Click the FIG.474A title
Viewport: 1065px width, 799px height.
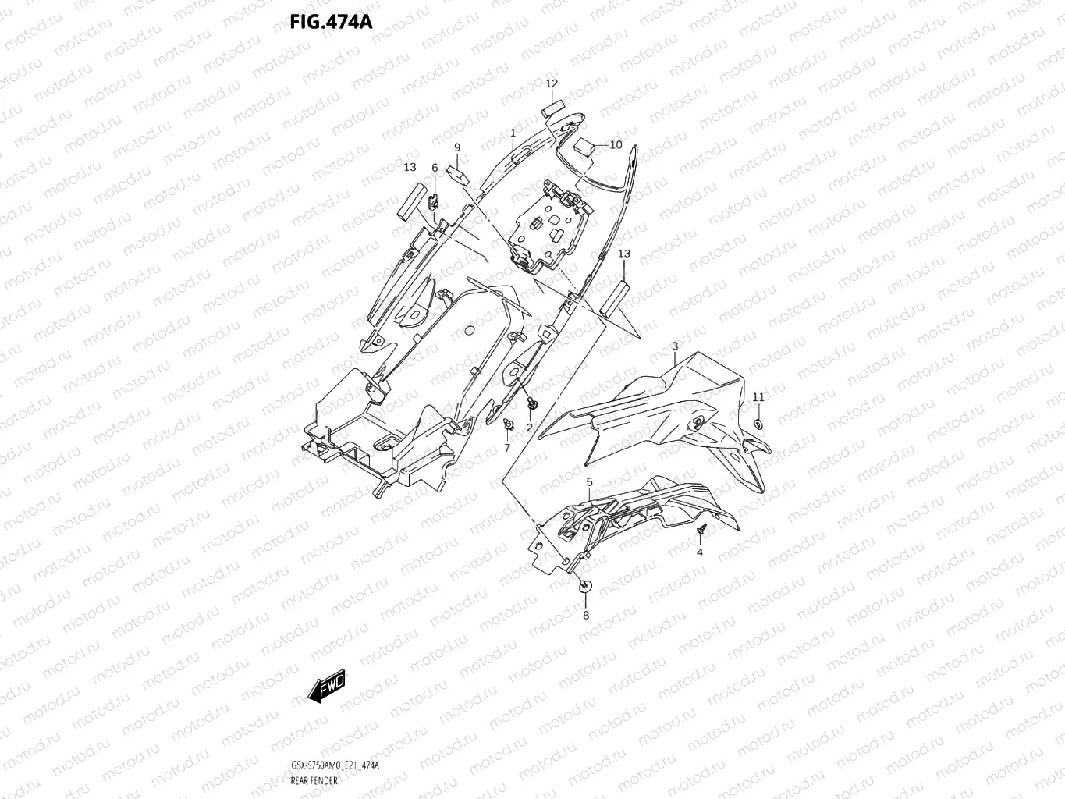(x=331, y=21)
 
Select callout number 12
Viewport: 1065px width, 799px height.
(x=552, y=83)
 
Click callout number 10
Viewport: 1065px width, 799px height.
(x=616, y=144)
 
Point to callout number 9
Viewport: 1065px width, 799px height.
(x=457, y=147)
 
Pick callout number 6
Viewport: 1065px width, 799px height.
(x=435, y=168)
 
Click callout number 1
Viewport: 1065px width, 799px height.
(x=513, y=133)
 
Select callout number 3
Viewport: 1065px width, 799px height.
(x=674, y=346)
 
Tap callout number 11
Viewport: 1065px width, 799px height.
(x=758, y=397)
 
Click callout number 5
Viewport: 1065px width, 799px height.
(x=589, y=482)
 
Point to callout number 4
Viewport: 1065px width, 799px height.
(x=699, y=552)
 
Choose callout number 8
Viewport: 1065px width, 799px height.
(x=586, y=615)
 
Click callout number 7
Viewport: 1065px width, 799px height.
(x=507, y=448)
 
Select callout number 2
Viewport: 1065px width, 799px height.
(x=529, y=428)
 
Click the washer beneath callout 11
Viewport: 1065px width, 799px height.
(x=758, y=424)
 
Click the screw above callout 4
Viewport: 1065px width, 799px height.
(x=701, y=531)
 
